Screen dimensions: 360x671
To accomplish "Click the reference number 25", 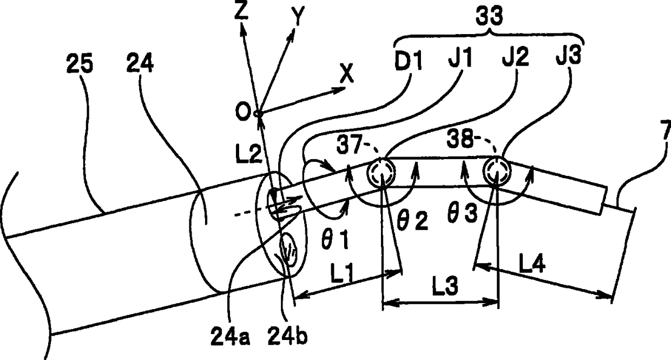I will [x=79, y=65].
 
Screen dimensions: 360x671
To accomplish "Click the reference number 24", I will [x=140, y=65].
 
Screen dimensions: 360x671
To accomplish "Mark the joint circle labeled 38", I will [x=496, y=171].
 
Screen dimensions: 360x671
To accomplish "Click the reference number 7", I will [x=666, y=130].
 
